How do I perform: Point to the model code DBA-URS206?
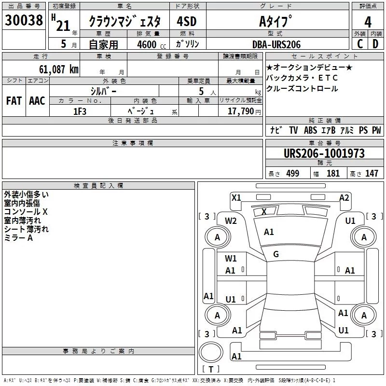point(276,44)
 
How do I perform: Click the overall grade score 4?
point(368,21)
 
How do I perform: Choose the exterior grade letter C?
point(360,44)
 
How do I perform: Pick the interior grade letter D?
point(376,44)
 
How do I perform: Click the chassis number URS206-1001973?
point(324,154)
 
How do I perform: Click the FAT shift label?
point(14,101)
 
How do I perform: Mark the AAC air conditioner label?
point(37,101)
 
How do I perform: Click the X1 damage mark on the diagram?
point(236,197)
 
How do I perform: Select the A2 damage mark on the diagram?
point(344,197)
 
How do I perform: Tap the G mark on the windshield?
point(276,254)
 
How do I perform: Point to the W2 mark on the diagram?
point(231,221)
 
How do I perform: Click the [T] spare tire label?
point(210,369)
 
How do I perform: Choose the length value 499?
point(292,174)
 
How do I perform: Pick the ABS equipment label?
point(310,130)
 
